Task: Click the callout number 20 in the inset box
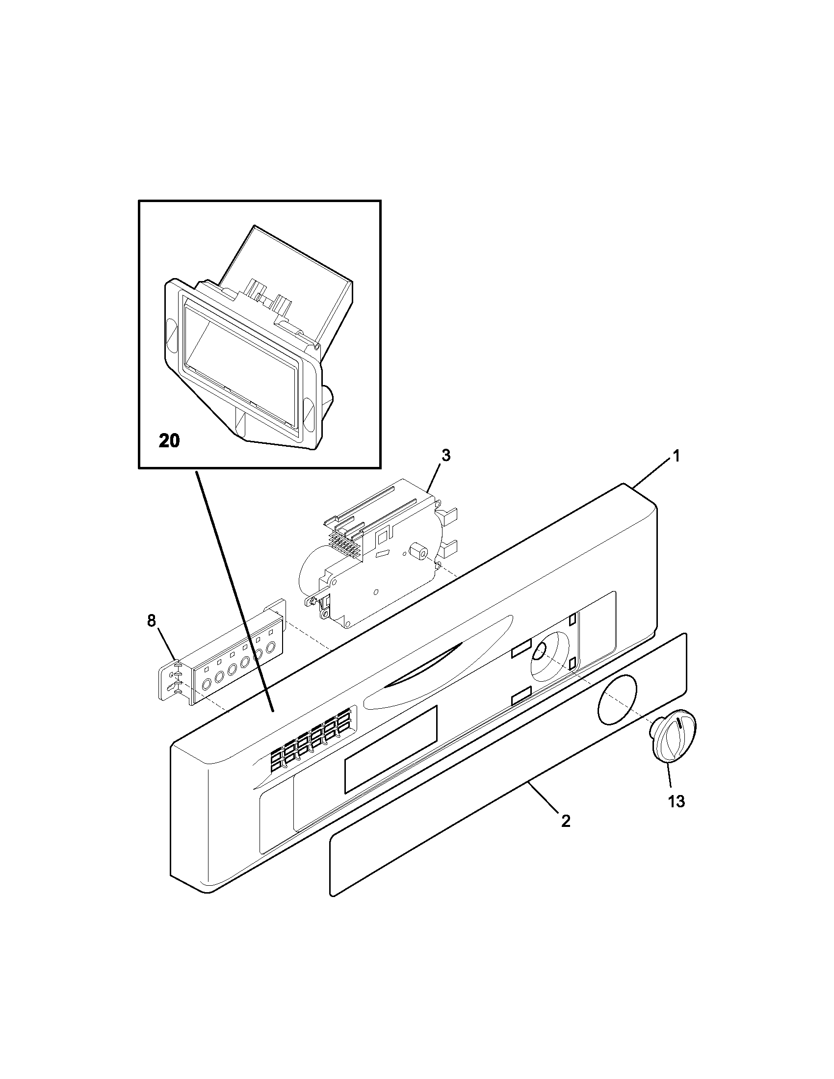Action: coord(169,440)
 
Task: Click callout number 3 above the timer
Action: coord(445,456)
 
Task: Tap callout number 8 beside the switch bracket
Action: coord(152,621)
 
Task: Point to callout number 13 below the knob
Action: coord(677,801)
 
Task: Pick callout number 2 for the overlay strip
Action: coord(566,821)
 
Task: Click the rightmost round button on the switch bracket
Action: coord(271,648)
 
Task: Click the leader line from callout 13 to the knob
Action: coord(668,781)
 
